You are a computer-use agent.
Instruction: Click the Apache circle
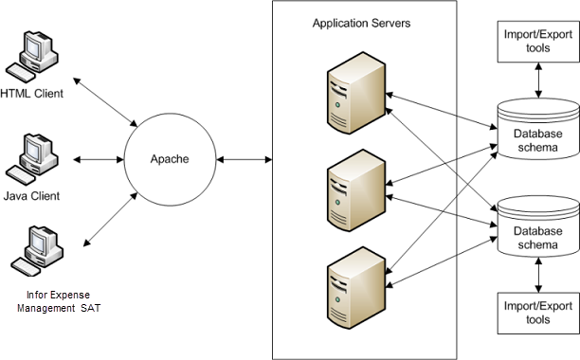[x=171, y=159]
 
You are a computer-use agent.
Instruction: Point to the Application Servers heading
[x=361, y=22]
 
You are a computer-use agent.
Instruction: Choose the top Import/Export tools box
[x=537, y=42]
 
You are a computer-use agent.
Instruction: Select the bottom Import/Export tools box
[x=537, y=313]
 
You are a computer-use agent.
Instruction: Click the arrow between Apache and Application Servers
[x=245, y=159]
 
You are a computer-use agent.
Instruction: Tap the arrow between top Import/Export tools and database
[x=538, y=81]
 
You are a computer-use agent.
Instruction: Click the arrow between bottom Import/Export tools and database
[x=538, y=274]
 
